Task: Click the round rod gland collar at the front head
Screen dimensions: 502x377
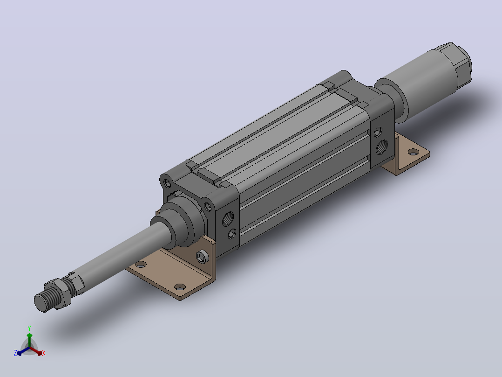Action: coord(179,224)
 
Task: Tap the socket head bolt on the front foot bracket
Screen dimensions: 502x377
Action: coord(202,257)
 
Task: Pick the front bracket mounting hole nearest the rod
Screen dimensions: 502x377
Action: coord(141,265)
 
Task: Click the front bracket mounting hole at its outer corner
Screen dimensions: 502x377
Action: coord(180,286)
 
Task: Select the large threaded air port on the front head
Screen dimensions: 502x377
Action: coord(228,218)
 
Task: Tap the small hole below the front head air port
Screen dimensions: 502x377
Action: coord(232,234)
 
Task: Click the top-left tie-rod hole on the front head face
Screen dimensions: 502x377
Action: coord(167,183)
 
